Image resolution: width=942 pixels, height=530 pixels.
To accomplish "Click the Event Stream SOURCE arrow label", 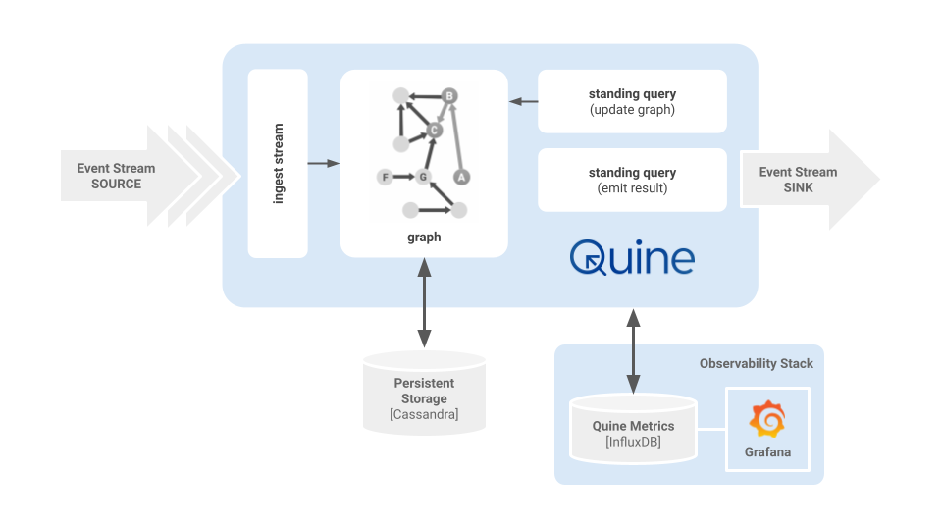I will (116, 177).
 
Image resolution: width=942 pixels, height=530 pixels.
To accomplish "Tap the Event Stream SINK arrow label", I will (798, 180).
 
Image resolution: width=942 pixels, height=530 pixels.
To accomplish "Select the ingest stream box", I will (278, 163).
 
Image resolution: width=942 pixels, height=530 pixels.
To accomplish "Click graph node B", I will (449, 96).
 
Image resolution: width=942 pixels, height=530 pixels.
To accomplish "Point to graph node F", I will (385, 177).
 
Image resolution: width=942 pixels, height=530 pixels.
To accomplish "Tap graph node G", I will (424, 177).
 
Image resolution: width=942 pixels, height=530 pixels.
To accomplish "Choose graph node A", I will (460, 177).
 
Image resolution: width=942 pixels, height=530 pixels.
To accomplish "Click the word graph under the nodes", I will (424, 237).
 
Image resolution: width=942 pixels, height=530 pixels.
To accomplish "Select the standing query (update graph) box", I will (632, 101).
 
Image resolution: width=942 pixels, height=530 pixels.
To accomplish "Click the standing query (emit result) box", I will (632, 180).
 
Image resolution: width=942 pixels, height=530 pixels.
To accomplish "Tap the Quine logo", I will (632, 258).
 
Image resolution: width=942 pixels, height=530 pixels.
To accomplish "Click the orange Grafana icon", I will (767, 420).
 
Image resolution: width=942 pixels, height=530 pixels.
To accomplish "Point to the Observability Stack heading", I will (756, 363).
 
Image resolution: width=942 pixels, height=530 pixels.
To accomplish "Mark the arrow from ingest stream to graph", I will (323, 163).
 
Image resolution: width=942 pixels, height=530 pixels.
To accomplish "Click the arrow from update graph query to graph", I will (523, 101).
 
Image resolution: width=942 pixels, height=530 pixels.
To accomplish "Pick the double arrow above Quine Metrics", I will (633, 350).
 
